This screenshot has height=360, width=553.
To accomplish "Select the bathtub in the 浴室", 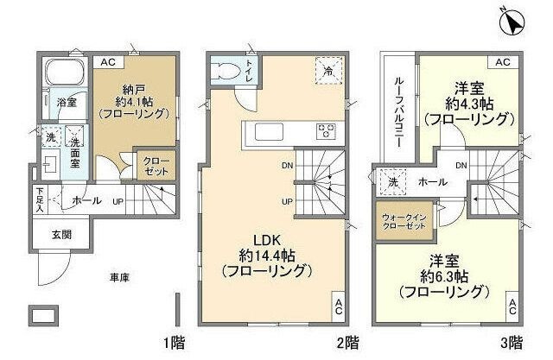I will [62, 73].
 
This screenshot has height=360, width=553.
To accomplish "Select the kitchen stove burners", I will [327, 132].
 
